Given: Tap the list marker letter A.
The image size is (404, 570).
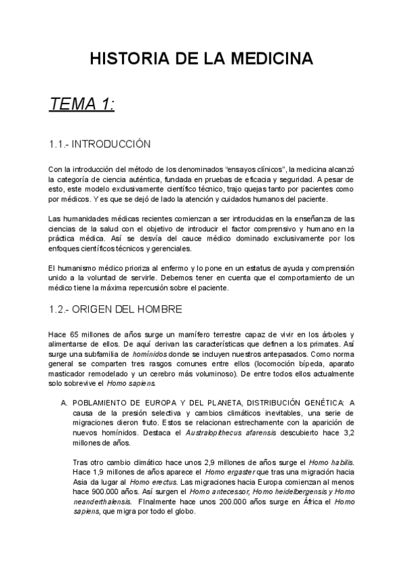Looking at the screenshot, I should [63, 403].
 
